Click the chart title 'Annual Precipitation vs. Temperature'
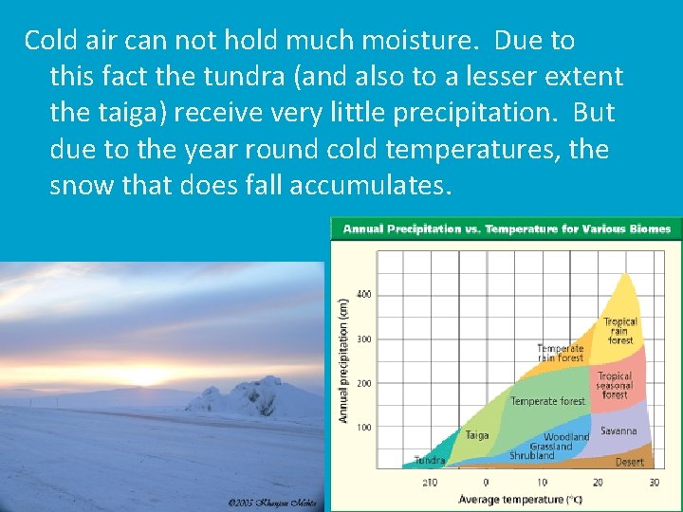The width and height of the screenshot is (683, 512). [x=506, y=229]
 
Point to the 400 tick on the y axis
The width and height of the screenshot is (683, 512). [x=364, y=294]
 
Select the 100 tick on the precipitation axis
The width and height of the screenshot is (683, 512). [x=364, y=428]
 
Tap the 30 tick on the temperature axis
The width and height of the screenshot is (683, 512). [x=653, y=483]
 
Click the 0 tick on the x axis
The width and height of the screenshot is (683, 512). [x=486, y=483]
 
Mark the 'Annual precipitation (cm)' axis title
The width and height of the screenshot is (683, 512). [x=343, y=360]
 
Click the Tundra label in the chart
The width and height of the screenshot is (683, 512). [x=430, y=461]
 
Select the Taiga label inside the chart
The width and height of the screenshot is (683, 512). [x=476, y=435]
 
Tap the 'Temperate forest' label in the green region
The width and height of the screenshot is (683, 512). [x=547, y=401]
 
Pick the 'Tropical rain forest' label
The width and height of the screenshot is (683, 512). [x=620, y=331]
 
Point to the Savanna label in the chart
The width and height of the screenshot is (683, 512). [x=618, y=431]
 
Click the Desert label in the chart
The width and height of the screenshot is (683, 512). [x=629, y=462]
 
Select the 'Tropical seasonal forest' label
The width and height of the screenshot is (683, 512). [x=615, y=385]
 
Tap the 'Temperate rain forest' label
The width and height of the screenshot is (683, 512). [x=560, y=354]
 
